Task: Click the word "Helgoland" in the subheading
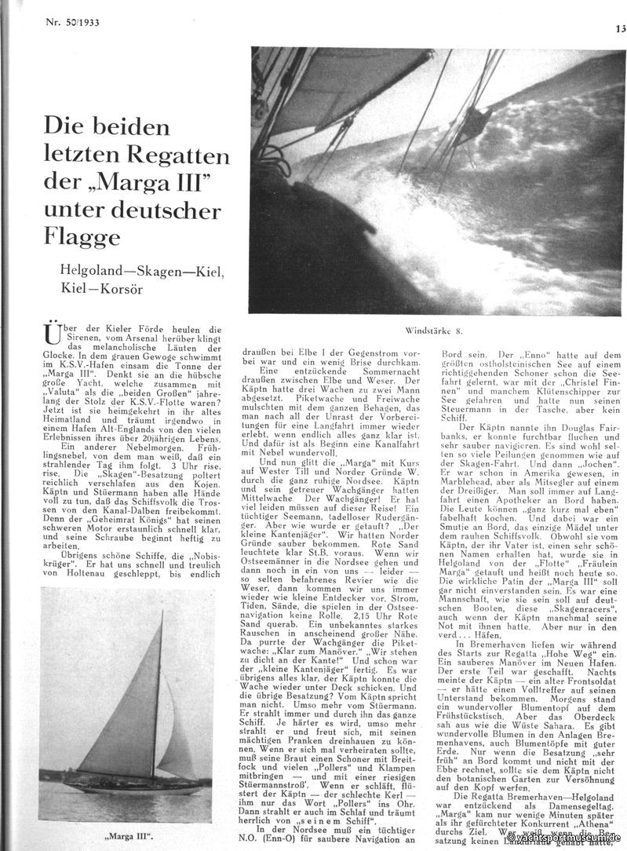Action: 95,272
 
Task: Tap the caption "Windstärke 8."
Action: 432,332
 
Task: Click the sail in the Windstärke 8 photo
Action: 337,86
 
